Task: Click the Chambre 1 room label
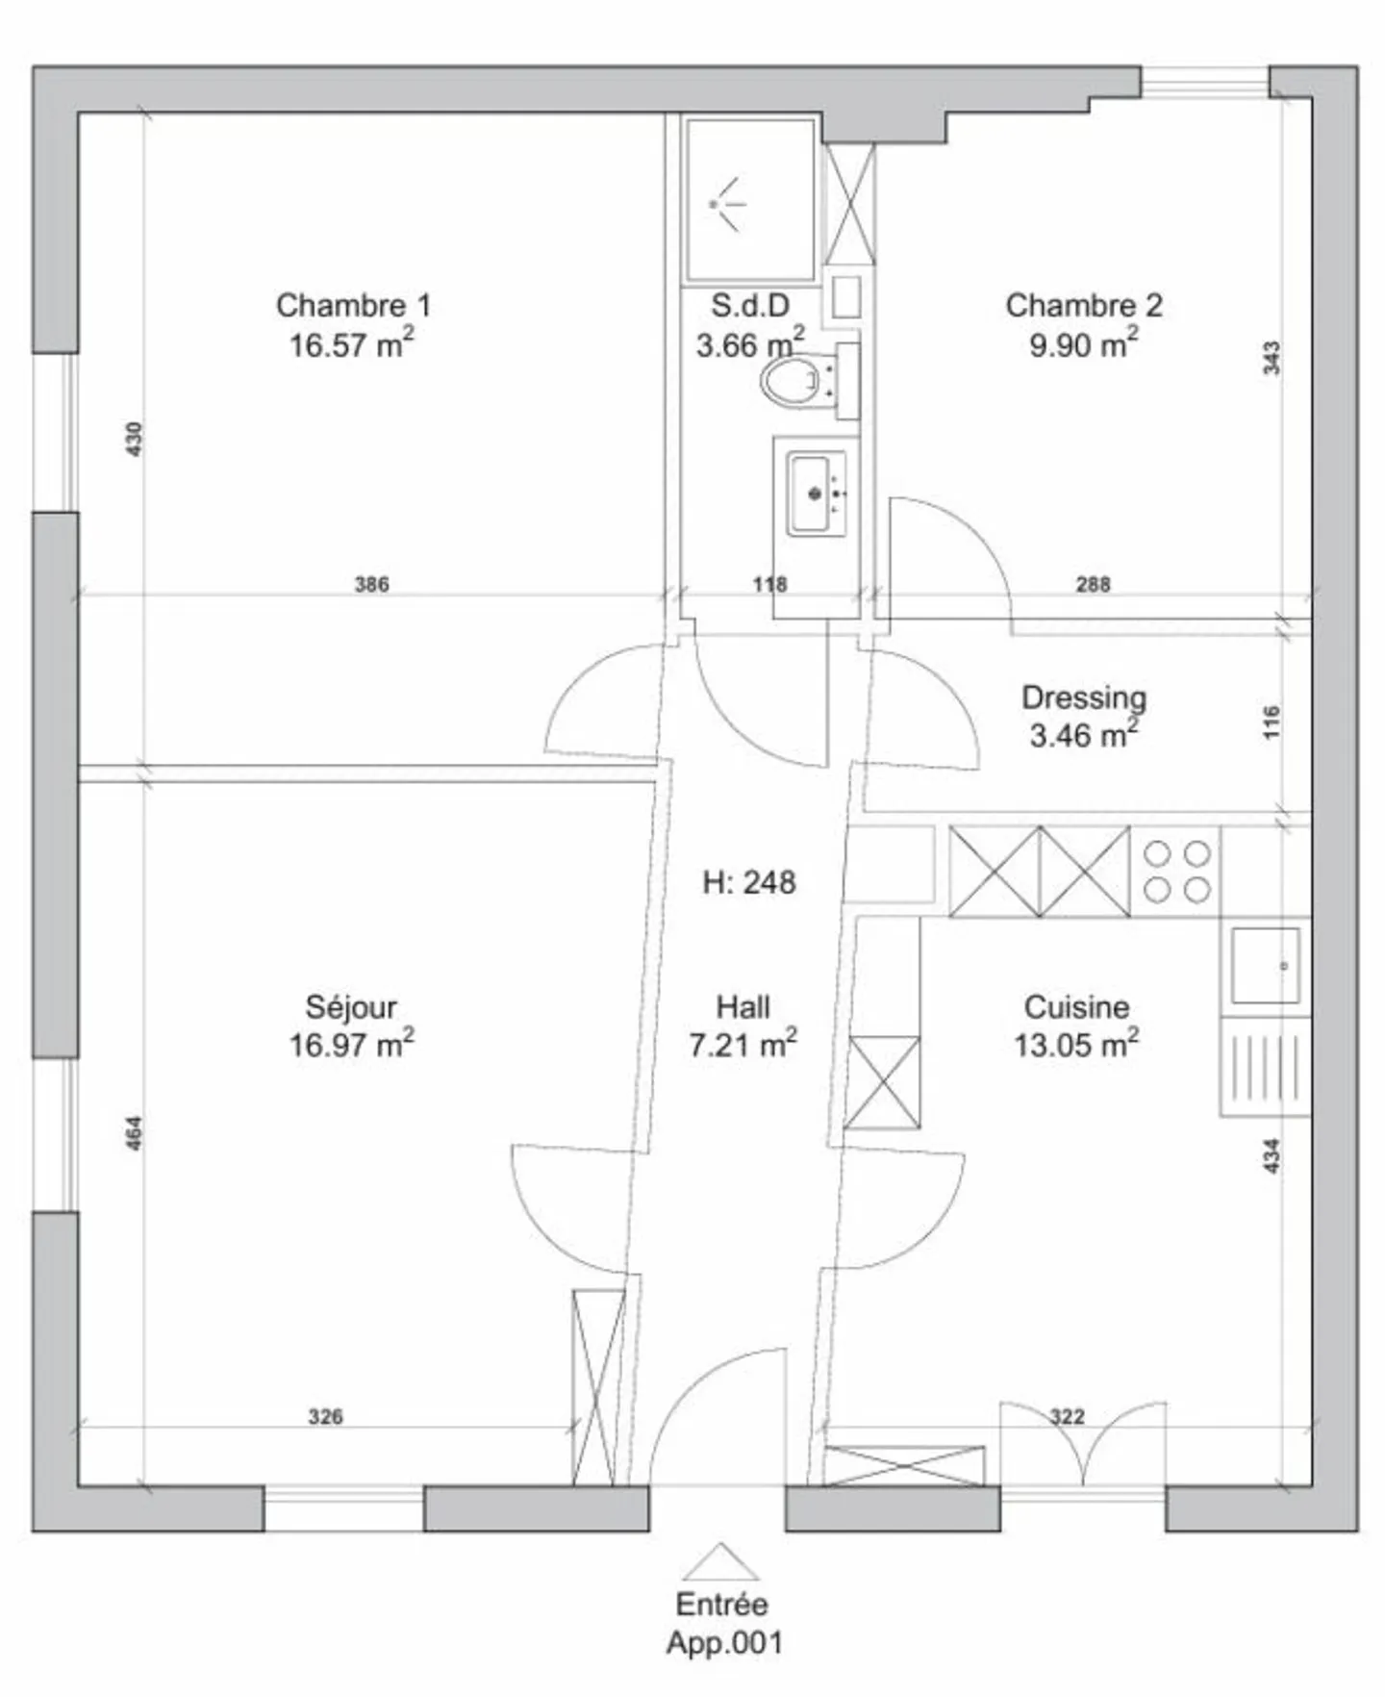pyautogui.click(x=353, y=305)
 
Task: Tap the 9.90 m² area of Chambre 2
pyautogui.click(x=1084, y=343)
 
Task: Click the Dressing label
pyautogui.click(x=1084, y=697)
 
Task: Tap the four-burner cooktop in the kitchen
pyautogui.click(x=1176, y=872)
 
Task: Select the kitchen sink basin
pyautogui.click(x=1266, y=966)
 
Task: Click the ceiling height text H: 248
pyautogui.click(x=749, y=882)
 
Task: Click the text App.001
pyautogui.click(x=724, y=1642)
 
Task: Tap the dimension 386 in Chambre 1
pyautogui.click(x=372, y=584)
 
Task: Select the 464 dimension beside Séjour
pyautogui.click(x=135, y=1132)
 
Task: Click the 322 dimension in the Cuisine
pyautogui.click(x=1068, y=1416)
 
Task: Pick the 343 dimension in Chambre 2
pyautogui.click(x=1272, y=358)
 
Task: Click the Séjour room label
pyautogui.click(x=351, y=1007)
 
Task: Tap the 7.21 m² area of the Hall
pyautogui.click(x=743, y=1045)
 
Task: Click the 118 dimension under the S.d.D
pyautogui.click(x=769, y=584)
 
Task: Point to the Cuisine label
pyautogui.click(x=1076, y=1007)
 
